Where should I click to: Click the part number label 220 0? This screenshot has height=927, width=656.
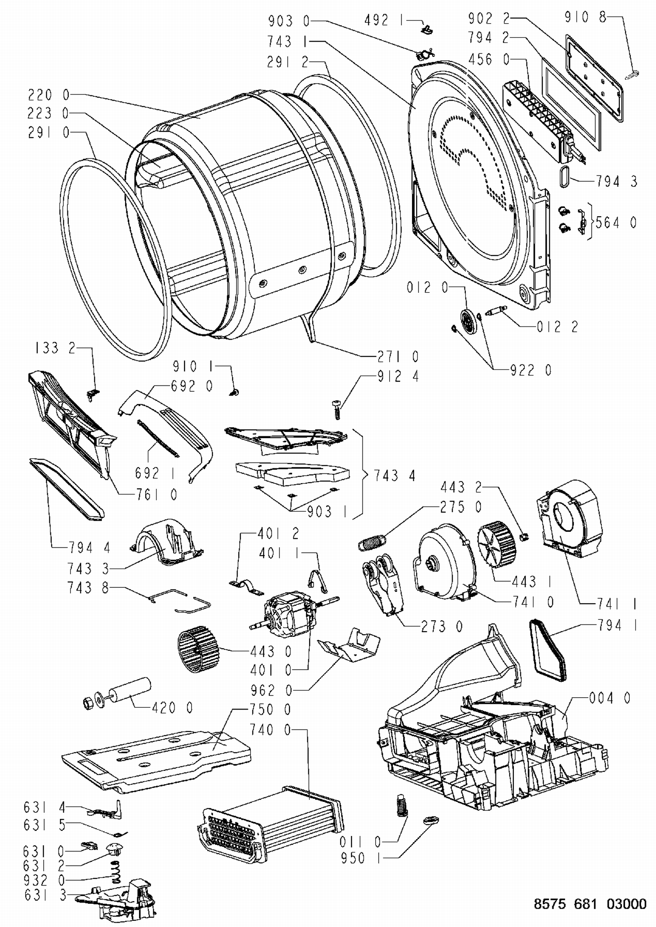49,95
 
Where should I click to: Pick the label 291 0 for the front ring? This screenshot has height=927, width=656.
49,133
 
